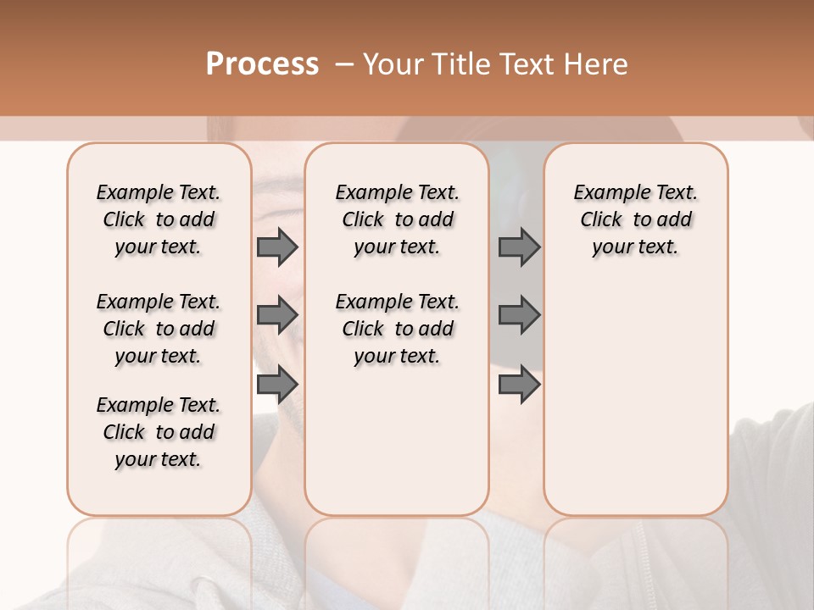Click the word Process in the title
point(262,64)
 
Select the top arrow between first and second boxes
point(277,247)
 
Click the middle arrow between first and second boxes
point(277,316)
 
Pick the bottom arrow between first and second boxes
point(277,385)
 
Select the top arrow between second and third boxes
point(519,247)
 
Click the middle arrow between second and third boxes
point(519,316)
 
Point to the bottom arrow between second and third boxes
point(519,385)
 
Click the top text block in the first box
point(159,219)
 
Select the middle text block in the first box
point(159,329)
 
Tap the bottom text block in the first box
point(159,432)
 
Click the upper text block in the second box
point(397,219)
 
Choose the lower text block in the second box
point(397,329)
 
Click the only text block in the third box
point(636,219)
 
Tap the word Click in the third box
point(601,220)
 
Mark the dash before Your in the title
point(343,64)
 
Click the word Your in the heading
point(395,64)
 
